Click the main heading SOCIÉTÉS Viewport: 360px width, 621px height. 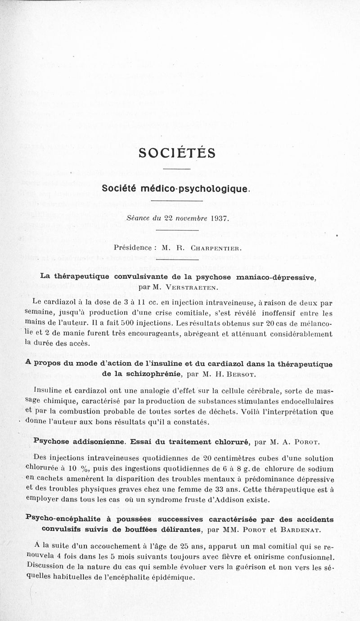click(x=177, y=153)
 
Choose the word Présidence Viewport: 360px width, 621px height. click(x=134, y=247)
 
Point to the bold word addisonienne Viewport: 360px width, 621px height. click(x=93, y=441)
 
